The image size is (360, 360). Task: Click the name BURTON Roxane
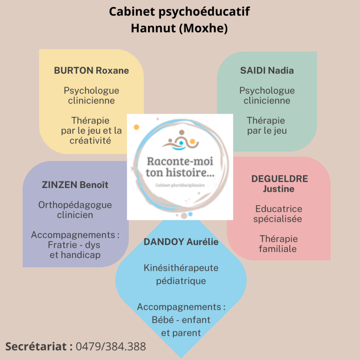pyautogui.click(x=91, y=70)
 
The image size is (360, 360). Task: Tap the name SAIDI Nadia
pyautogui.click(x=267, y=70)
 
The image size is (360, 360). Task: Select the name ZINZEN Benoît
pyautogui.click(x=75, y=185)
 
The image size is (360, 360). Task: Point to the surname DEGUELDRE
pyautogui.click(x=279, y=179)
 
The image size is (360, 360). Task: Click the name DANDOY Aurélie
pyautogui.click(x=181, y=242)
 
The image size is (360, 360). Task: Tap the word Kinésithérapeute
pyautogui.click(x=181, y=268)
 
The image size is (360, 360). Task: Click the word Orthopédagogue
pyautogui.click(x=75, y=205)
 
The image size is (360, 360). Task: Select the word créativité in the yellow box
pyautogui.click(x=90, y=141)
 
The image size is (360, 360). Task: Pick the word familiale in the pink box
pyautogui.click(x=278, y=249)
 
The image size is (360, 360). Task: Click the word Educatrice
pyautogui.click(x=279, y=209)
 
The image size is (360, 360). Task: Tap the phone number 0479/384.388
pyautogui.click(x=111, y=346)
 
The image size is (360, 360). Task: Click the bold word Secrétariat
pyautogui.click(x=36, y=346)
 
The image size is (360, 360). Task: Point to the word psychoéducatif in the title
pyautogui.click(x=204, y=12)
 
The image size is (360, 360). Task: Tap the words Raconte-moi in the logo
pyautogui.click(x=180, y=161)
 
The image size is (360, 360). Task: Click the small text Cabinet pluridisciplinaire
pyautogui.click(x=180, y=185)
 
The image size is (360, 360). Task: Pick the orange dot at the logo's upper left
pyautogui.click(x=136, y=127)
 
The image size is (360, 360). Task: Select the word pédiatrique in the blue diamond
pyautogui.click(x=181, y=281)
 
